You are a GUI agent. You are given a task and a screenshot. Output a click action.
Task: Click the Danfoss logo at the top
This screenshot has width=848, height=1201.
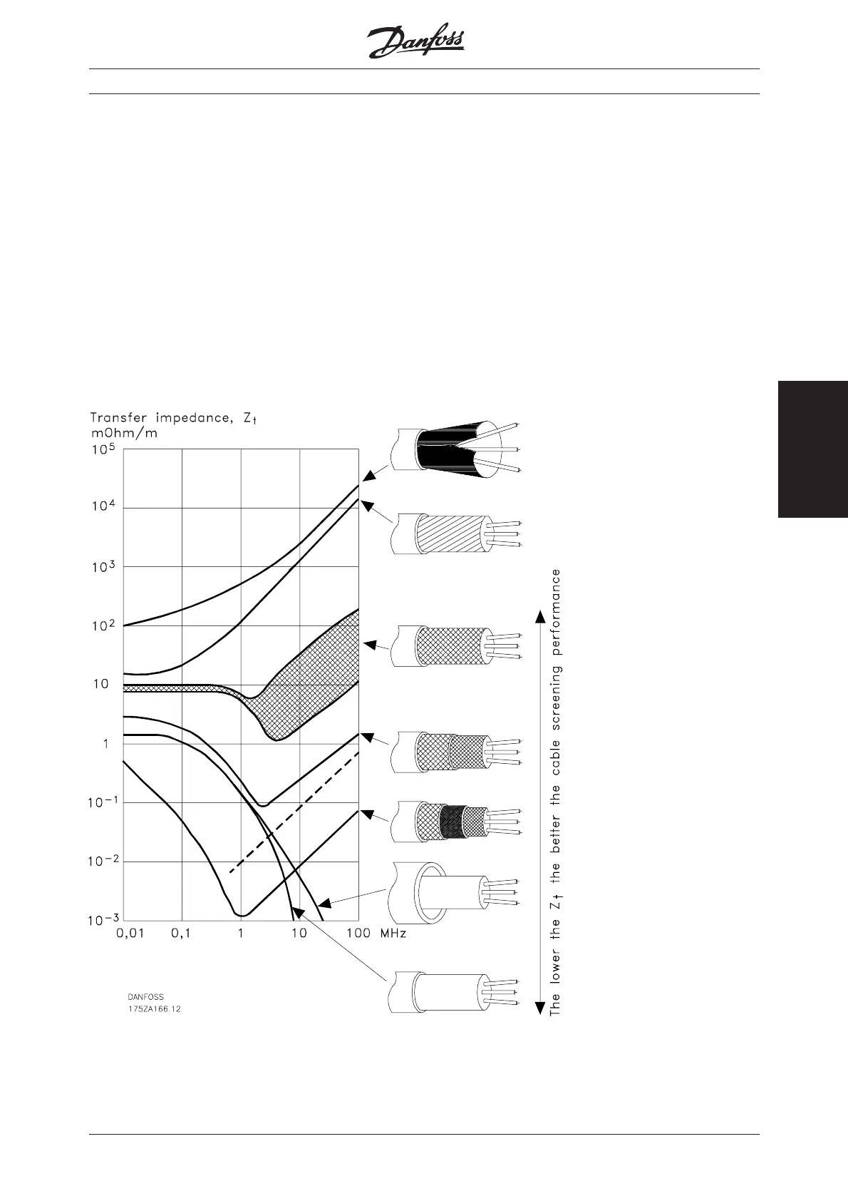415,40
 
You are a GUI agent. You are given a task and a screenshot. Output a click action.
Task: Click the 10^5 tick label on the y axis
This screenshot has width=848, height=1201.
103,449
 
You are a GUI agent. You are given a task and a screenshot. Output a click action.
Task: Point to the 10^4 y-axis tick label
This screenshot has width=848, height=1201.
103,506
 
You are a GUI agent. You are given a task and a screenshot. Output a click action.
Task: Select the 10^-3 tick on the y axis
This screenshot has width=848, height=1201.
103,919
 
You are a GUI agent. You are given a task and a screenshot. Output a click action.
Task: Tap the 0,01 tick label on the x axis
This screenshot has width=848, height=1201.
130,934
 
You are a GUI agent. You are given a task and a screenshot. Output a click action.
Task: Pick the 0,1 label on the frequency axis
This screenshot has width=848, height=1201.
181,934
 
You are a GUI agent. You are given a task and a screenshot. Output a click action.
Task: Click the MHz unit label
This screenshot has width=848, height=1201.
393,934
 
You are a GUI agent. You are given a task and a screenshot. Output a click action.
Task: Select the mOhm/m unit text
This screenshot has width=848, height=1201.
124,433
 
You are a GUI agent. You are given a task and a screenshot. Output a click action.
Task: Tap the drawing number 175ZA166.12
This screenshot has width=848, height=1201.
155,1008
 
